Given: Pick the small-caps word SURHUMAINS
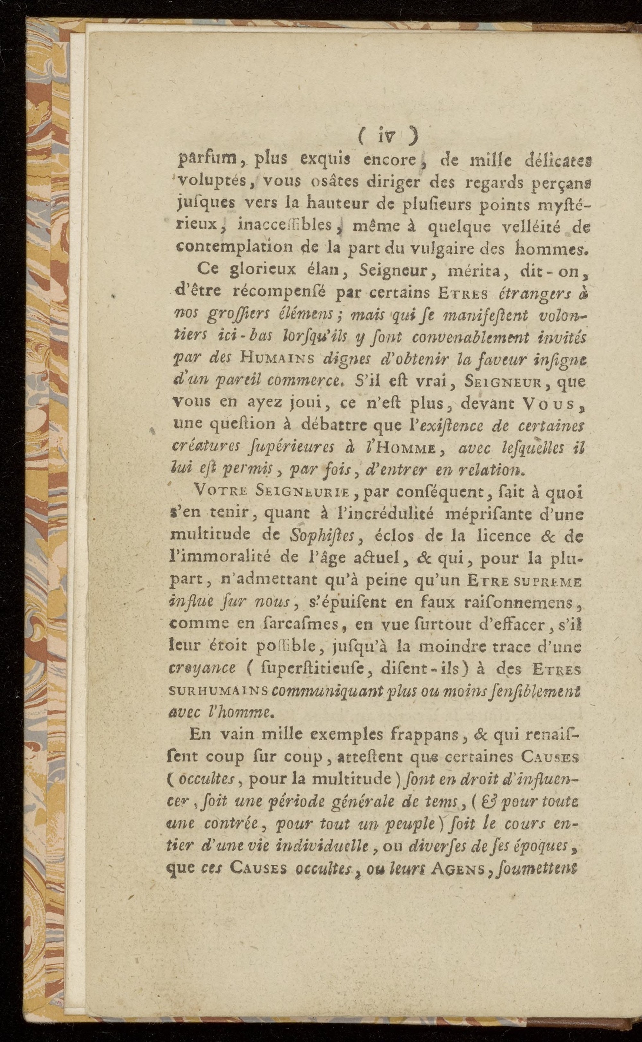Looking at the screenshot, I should coord(218,691).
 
